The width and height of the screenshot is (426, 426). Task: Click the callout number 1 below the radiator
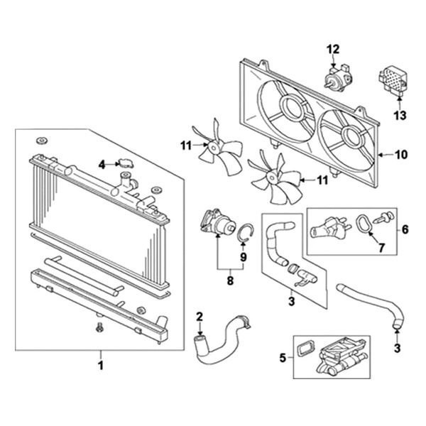pyautogui.click(x=101, y=366)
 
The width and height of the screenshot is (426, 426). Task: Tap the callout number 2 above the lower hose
pyautogui.click(x=200, y=316)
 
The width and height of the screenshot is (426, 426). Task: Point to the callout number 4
pyautogui.click(x=102, y=164)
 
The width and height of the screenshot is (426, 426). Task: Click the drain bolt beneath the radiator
pyautogui.click(x=98, y=327)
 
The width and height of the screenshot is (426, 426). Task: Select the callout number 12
pyautogui.click(x=334, y=48)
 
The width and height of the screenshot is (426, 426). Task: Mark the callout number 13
pyautogui.click(x=399, y=115)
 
